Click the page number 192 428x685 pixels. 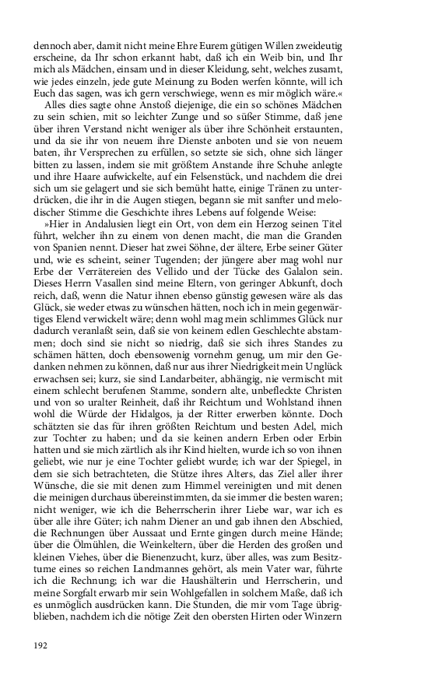[41, 645]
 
